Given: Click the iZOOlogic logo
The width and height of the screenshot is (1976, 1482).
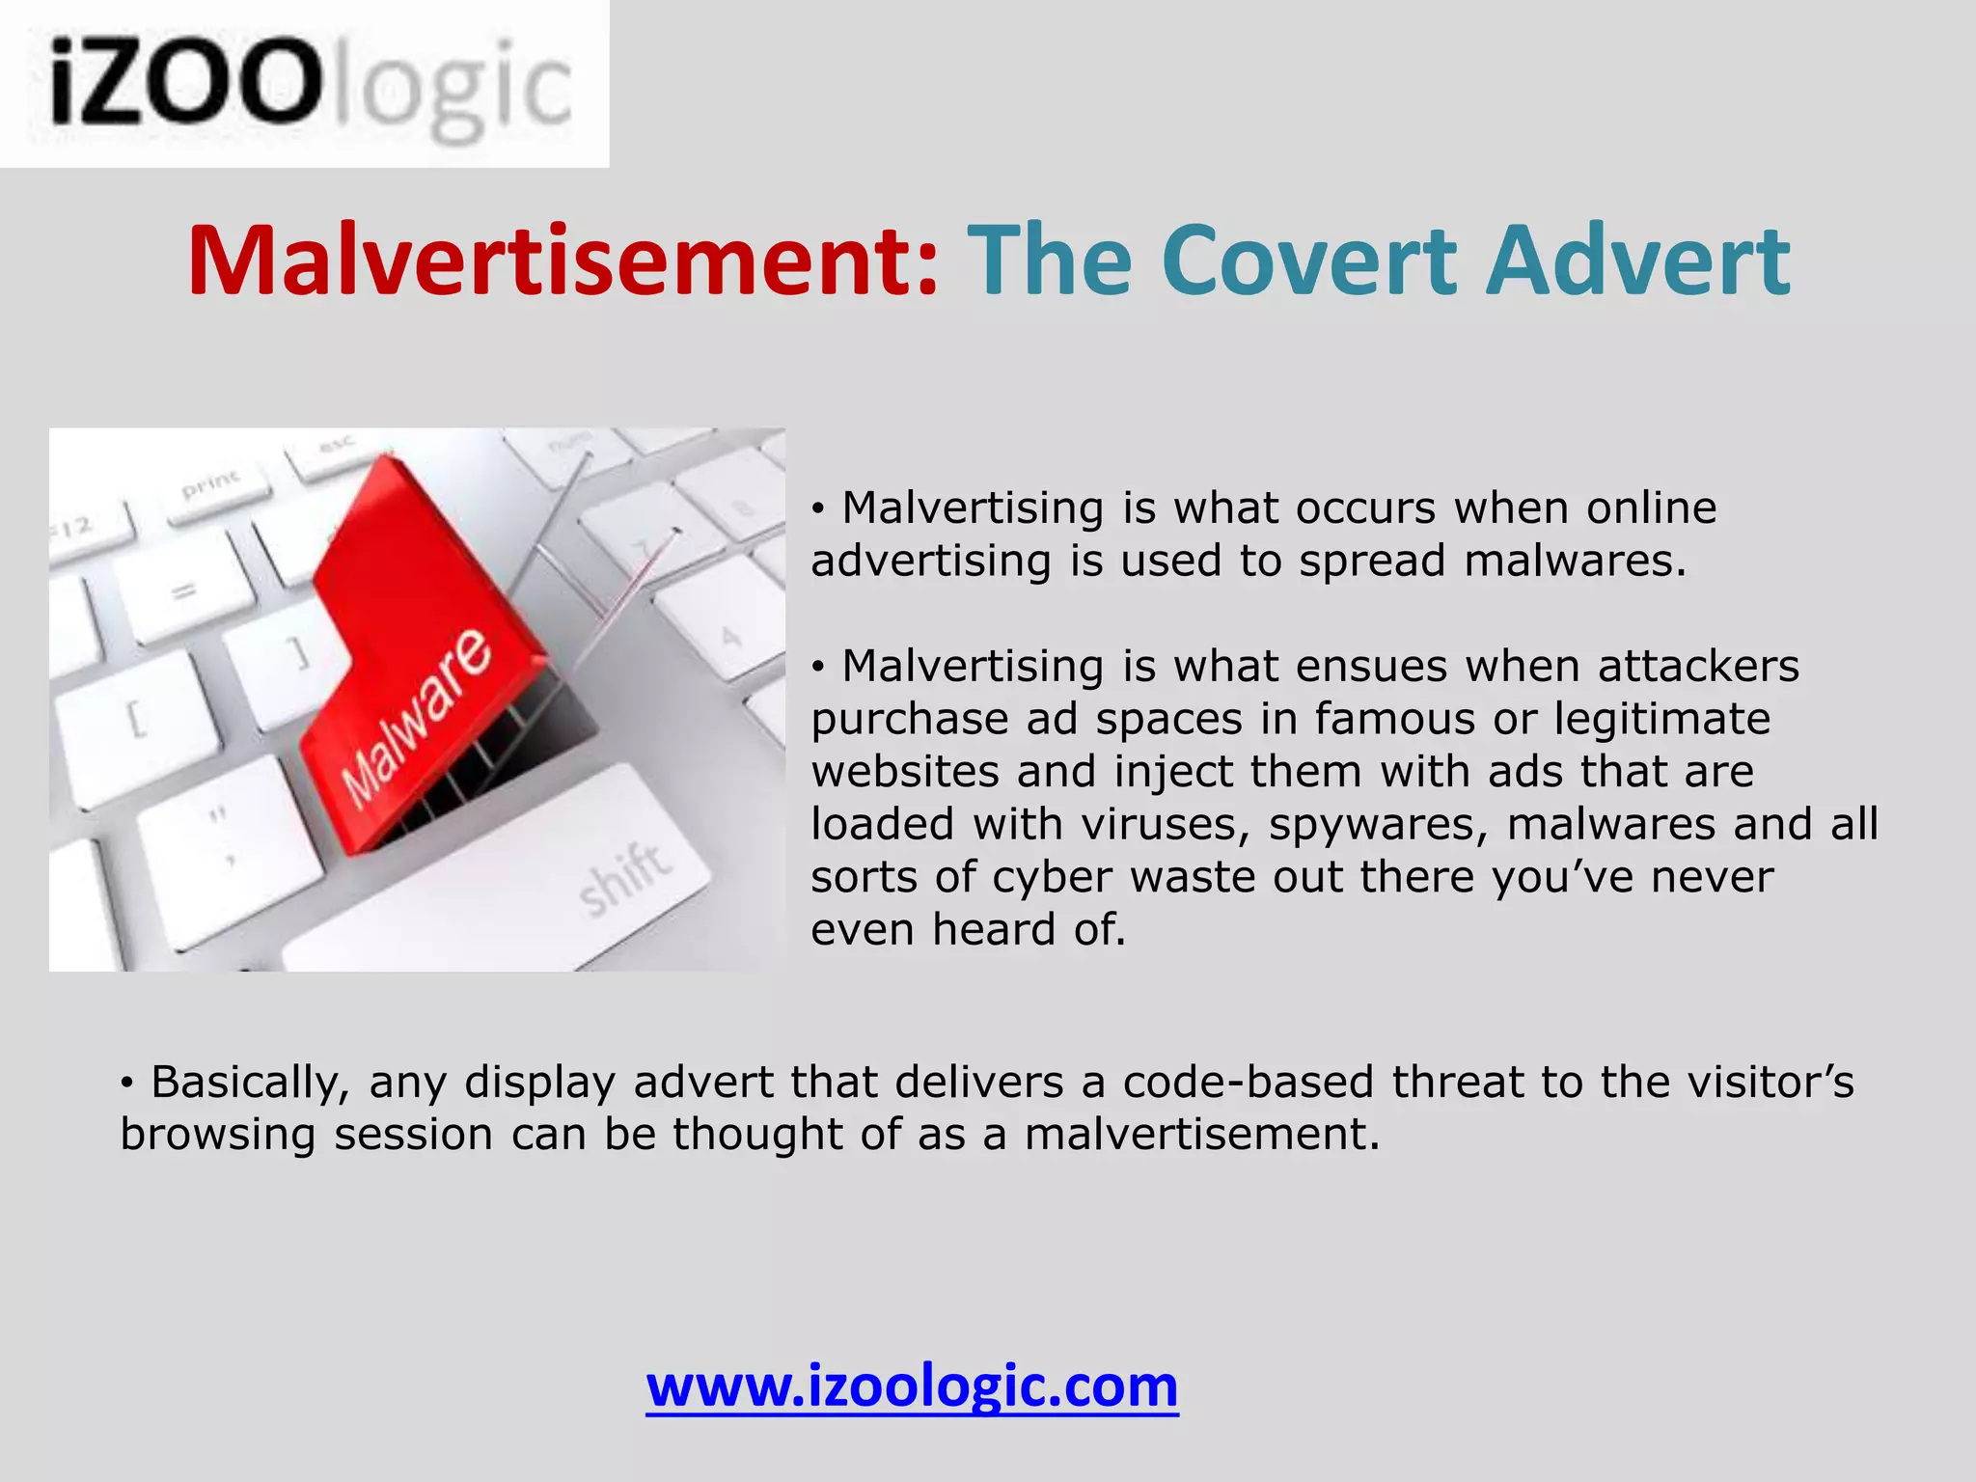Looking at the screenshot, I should (305, 84).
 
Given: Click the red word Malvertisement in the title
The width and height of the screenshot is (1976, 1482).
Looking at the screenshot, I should (563, 261).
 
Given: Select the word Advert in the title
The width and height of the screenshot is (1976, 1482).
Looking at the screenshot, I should (1637, 261).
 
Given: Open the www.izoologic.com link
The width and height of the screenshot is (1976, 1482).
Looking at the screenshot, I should (912, 1386).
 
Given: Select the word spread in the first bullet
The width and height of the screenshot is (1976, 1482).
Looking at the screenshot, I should (1371, 562).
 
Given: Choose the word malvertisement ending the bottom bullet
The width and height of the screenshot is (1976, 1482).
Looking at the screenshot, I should (1201, 1135).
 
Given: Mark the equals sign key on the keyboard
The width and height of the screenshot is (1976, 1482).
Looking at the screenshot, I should (186, 588).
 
